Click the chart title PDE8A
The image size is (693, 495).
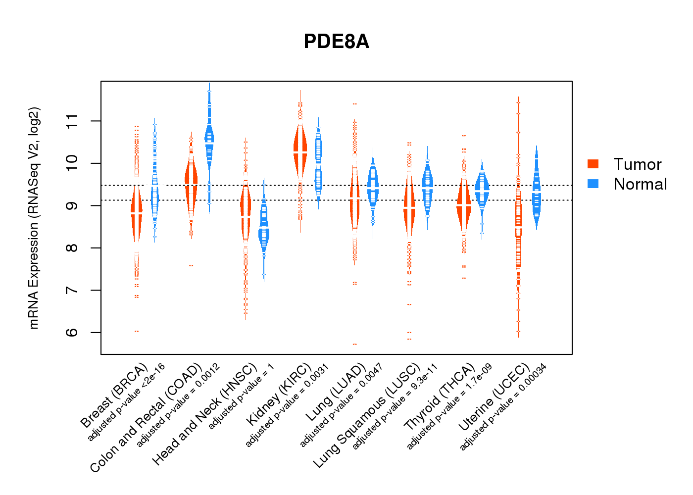336,42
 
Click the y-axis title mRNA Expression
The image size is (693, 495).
34,218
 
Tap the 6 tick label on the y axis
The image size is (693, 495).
72,332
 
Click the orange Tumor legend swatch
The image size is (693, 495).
593,164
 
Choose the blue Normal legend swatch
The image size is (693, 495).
593,184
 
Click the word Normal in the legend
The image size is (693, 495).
640,184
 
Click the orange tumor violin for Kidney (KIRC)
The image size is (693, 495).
300,148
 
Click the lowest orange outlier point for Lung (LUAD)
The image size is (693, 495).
354,344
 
